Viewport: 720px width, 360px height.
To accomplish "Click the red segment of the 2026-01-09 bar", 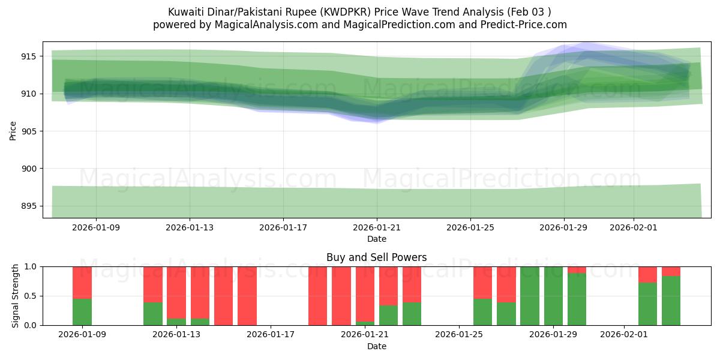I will coord(82,282).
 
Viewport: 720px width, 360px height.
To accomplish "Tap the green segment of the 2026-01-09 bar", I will coord(82,312).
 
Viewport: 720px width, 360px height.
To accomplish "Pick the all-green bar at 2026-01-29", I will coord(553,296).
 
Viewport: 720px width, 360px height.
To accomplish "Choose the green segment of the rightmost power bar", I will coord(671,301).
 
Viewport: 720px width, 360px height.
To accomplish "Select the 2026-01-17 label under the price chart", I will coord(283,227).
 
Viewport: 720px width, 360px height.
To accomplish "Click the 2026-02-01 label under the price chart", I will coord(633,227).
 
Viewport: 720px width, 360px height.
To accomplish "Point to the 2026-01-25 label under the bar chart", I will coord(459,335).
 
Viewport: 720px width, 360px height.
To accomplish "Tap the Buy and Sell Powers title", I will coord(376,257).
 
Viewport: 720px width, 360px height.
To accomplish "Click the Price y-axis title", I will coord(13,130).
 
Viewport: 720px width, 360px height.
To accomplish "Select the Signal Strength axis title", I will coord(16,296).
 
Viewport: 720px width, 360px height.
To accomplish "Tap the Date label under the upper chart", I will coord(376,239).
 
